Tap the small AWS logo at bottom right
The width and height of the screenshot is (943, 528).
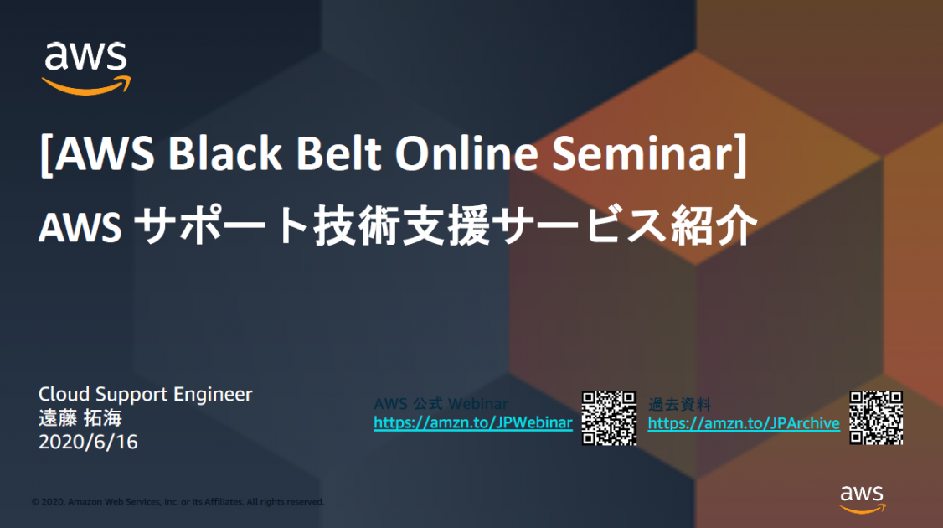point(863,498)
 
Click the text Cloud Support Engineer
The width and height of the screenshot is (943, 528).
point(145,393)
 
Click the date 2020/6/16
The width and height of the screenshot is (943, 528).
point(88,442)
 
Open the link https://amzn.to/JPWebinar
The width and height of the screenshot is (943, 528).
point(472,422)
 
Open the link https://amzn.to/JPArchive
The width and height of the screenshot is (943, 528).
point(744,423)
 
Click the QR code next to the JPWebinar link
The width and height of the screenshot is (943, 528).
point(609,417)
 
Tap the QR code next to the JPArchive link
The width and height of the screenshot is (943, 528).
point(876,417)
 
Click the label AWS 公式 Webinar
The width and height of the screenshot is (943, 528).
point(441,404)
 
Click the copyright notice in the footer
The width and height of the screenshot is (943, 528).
point(178,502)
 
